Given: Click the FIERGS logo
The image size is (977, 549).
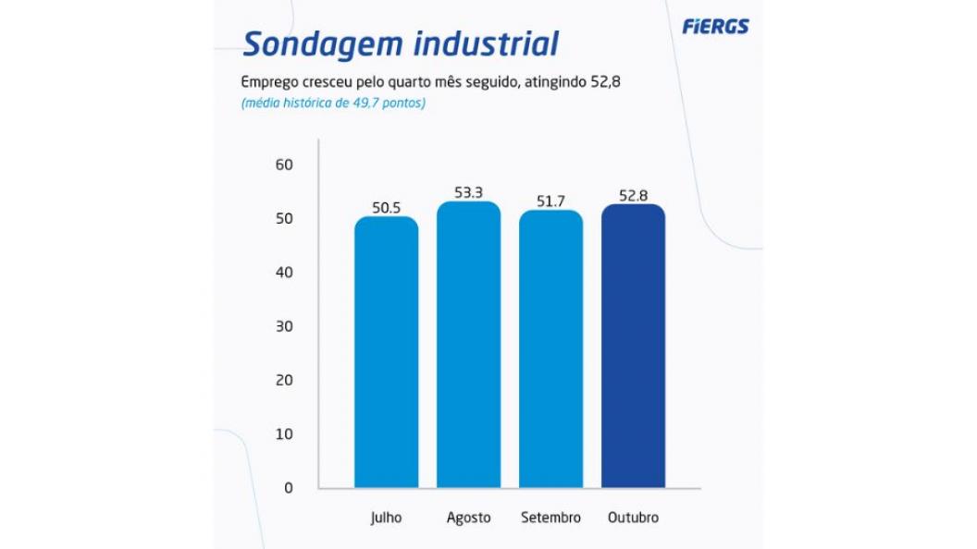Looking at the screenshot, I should pyautogui.click(x=715, y=27).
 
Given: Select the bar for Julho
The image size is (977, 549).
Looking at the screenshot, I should pyautogui.click(x=387, y=352).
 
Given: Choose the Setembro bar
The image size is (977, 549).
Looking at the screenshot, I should pyautogui.click(x=551, y=349).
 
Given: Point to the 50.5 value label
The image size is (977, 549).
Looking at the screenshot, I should pyautogui.click(x=387, y=208).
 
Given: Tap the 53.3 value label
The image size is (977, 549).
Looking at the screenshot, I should pyautogui.click(x=469, y=193).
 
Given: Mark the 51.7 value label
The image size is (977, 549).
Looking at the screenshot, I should pyautogui.click(x=551, y=201).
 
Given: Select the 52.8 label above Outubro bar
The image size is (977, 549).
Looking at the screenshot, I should pyautogui.click(x=634, y=196).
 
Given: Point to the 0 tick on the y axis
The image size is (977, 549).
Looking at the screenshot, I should pyautogui.click(x=288, y=488).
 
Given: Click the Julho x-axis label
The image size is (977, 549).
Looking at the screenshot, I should pyautogui.click(x=387, y=518).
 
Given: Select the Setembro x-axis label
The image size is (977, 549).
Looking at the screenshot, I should pyautogui.click(x=551, y=518).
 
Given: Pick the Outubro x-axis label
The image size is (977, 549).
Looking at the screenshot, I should pyautogui.click(x=634, y=518).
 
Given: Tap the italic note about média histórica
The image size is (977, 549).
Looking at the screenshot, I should pyautogui.click(x=333, y=104).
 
